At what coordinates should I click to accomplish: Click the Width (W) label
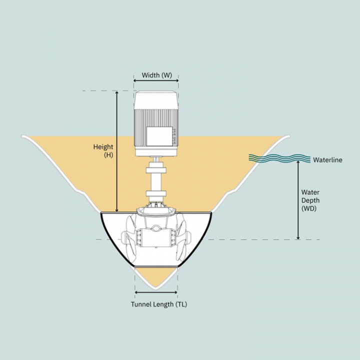[156, 75]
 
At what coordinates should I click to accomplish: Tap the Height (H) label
[103, 151]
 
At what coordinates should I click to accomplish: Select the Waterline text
[327, 160]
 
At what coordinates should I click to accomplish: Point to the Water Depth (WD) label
[310, 200]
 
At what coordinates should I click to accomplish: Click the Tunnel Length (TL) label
[159, 304]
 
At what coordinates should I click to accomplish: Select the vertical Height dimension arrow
[117, 150]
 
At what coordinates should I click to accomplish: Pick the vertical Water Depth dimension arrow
[298, 200]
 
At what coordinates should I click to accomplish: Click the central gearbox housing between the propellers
[156, 237]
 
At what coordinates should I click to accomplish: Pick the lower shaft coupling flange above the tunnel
[155, 194]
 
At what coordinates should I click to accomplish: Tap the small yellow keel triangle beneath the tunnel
[156, 276]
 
